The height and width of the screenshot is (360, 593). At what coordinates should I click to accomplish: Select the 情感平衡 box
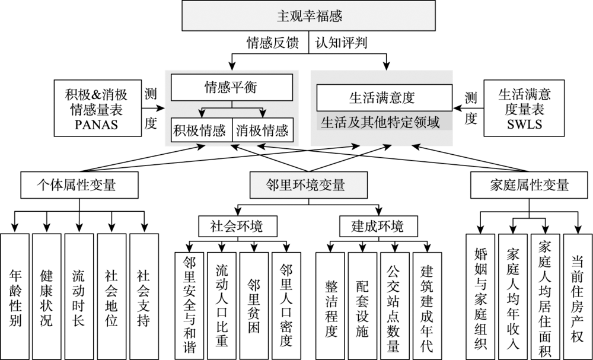click(x=231, y=88)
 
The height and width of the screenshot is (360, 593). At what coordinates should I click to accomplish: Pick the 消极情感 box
click(x=262, y=129)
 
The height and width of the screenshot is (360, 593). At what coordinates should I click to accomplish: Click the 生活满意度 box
click(x=381, y=97)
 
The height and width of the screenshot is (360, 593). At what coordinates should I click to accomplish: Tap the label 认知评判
click(x=340, y=43)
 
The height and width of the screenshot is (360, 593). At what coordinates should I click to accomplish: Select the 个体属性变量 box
click(x=79, y=184)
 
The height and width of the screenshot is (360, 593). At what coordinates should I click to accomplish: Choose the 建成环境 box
click(x=371, y=226)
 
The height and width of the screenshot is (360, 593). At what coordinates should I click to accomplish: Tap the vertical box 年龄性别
click(x=15, y=297)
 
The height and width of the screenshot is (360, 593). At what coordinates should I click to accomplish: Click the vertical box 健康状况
click(x=47, y=297)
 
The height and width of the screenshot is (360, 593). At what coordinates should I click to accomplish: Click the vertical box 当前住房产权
click(x=577, y=297)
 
